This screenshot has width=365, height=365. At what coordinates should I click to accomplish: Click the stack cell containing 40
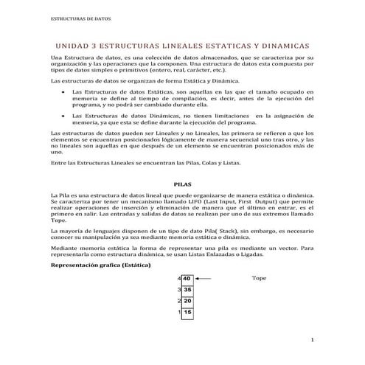[x=188, y=278]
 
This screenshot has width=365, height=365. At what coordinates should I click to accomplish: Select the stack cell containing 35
[x=188, y=290]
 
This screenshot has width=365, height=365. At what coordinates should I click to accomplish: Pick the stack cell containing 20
[x=188, y=302]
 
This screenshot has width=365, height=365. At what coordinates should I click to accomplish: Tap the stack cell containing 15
[x=188, y=313]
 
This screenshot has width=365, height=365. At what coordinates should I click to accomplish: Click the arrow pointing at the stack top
[x=205, y=278]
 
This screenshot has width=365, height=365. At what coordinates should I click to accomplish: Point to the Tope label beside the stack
[x=259, y=279]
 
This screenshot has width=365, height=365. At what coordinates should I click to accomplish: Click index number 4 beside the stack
[x=179, y=278]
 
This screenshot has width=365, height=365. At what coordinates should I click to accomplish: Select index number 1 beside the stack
[x=179, y=313]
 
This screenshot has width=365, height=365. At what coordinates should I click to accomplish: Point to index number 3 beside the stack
[x=179, y=290]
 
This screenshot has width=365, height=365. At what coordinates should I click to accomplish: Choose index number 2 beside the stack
[x=179, y=302]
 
